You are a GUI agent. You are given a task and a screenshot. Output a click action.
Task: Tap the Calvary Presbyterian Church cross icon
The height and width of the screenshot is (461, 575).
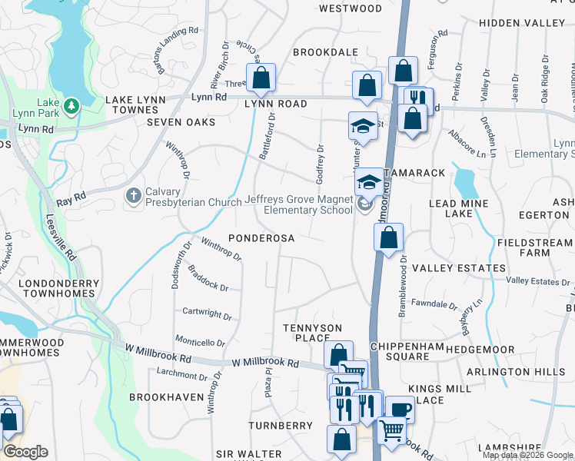133,197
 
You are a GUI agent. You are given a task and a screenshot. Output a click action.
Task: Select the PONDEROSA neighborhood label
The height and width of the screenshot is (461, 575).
261,238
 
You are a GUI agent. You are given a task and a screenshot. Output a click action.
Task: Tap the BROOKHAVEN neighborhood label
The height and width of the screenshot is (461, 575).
167,397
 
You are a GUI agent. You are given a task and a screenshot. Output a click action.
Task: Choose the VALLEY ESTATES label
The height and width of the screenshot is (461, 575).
459,268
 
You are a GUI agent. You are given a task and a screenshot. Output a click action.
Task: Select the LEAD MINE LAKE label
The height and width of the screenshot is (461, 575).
458,207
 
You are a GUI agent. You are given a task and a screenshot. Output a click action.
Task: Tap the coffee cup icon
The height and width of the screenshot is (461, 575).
399,409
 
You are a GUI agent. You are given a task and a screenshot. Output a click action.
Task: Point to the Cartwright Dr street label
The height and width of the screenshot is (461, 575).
208,314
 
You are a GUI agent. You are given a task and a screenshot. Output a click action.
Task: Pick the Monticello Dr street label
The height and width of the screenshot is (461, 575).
200,342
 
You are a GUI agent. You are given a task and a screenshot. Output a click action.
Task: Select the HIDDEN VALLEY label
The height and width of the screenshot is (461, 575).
521,23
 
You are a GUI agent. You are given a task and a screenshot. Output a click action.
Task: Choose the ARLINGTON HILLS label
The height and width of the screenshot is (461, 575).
528,371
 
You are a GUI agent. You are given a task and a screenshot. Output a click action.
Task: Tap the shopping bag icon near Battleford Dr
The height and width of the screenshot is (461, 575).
261,77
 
